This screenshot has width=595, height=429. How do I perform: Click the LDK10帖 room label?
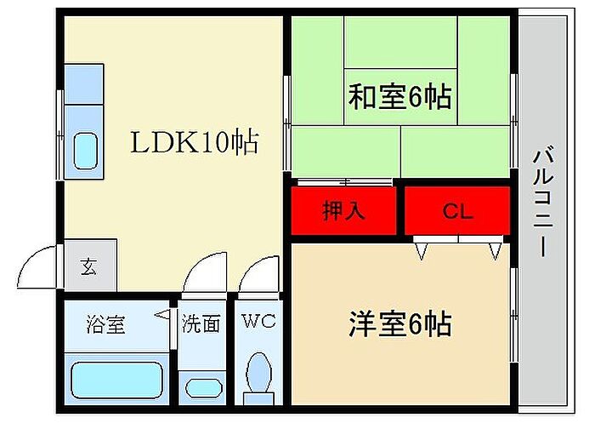pyautogui.click(x=194, y=143)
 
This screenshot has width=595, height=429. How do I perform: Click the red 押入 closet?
pyautogui.click(x=344, y=211)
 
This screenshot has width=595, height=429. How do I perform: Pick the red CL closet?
pyautogui.click(x=457, y=211)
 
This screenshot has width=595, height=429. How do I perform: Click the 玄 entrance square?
pyautogui.click(x=89, y=266)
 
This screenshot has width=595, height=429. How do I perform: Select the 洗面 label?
pyautogui.click(x=201, y=323)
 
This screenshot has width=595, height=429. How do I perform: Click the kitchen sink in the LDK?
pyautogui.click(x=85, y=152)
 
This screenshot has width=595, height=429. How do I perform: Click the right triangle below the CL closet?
pyautogui.click(x=496, y=249)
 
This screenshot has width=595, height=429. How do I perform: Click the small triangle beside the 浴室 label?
pyautogui.click(x=161, y=315)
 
